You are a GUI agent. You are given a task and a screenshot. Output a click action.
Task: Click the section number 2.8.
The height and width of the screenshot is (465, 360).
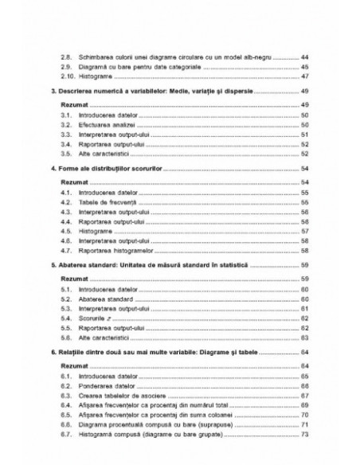[x=68, y=58]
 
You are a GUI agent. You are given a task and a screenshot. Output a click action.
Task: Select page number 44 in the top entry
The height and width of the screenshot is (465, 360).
[x=305, y=58]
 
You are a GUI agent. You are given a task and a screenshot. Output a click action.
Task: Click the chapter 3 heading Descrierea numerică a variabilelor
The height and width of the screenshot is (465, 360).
[x=149, y=93]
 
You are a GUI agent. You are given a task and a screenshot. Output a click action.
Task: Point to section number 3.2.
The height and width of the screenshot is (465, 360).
[x=68, y=126]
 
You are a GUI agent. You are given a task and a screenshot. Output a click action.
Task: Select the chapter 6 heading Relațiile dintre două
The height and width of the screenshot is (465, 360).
[x=147, y=351]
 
